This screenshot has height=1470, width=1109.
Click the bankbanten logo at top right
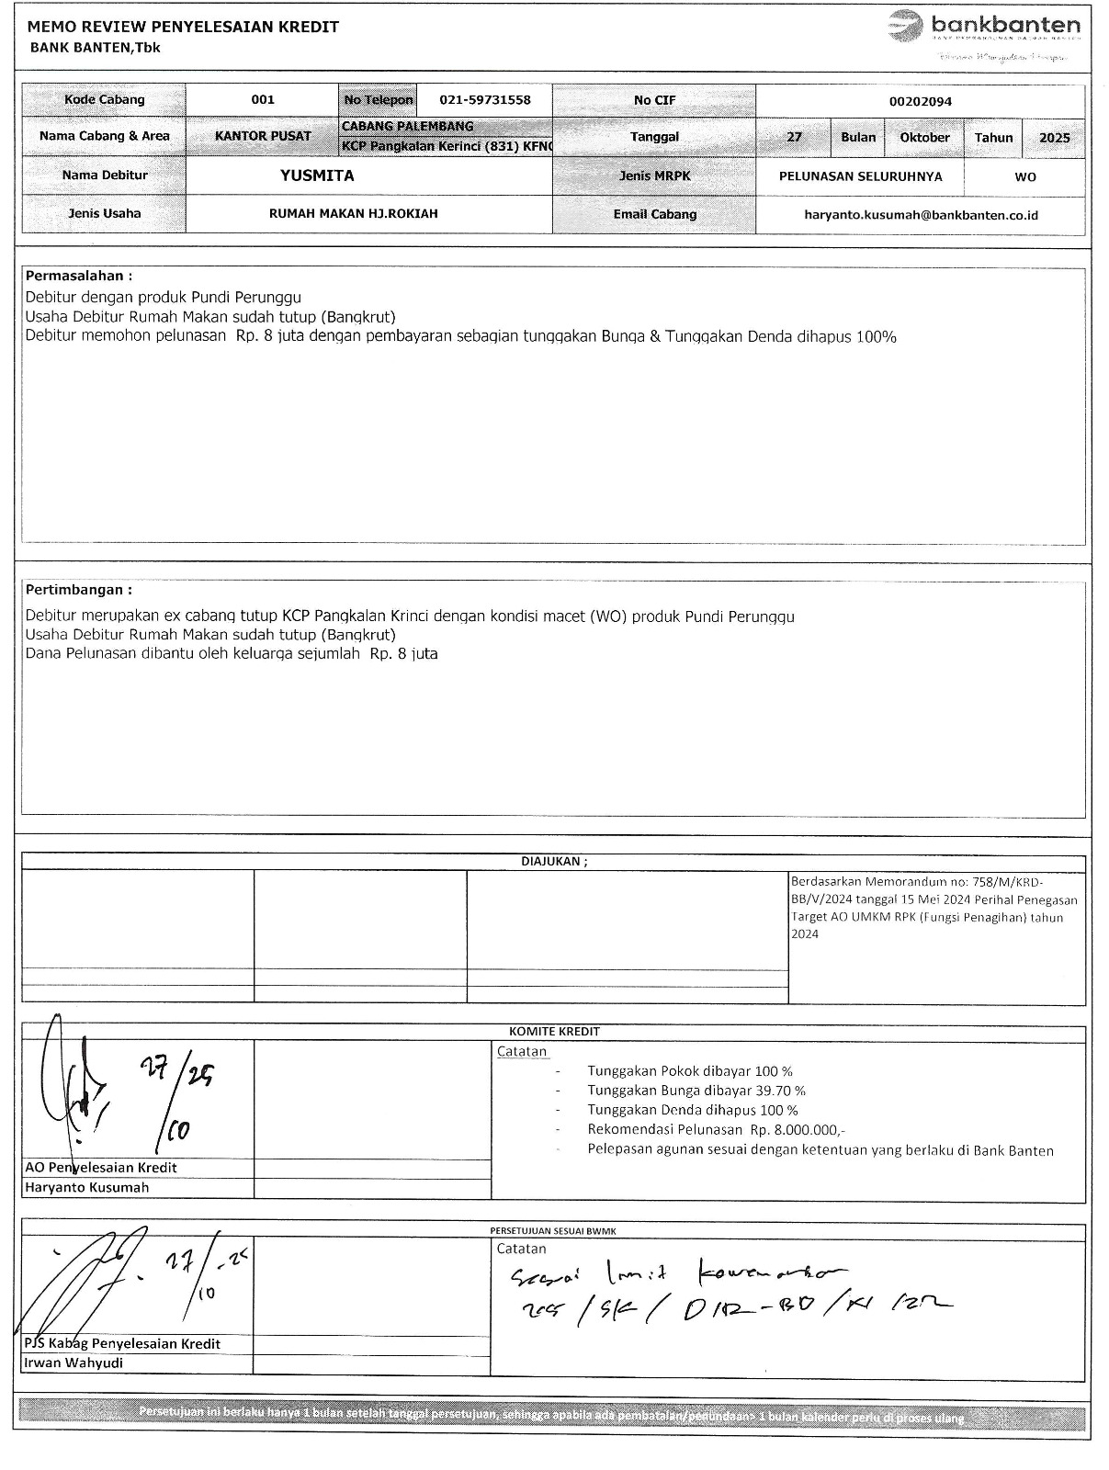984,28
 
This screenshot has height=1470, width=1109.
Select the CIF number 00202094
920,102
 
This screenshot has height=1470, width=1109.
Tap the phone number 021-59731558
485,100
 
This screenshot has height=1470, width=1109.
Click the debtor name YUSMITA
317,175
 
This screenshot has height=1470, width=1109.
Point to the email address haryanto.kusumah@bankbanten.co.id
920,215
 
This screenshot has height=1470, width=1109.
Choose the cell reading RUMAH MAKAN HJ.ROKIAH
353,214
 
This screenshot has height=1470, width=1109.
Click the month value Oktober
924,138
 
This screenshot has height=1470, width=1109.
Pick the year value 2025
1054,138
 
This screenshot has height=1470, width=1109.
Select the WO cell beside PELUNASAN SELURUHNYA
1025,176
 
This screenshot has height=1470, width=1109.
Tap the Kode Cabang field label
105,100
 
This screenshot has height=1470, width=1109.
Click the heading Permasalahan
79,276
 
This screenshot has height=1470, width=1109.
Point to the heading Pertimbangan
79,590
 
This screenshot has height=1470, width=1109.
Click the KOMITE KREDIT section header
554,1032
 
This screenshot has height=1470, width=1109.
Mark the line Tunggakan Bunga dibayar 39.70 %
696,1091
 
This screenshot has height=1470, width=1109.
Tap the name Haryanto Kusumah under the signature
86,1187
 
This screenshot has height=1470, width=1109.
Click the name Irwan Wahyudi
74,1363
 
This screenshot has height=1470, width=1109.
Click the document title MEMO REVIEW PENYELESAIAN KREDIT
184,27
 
